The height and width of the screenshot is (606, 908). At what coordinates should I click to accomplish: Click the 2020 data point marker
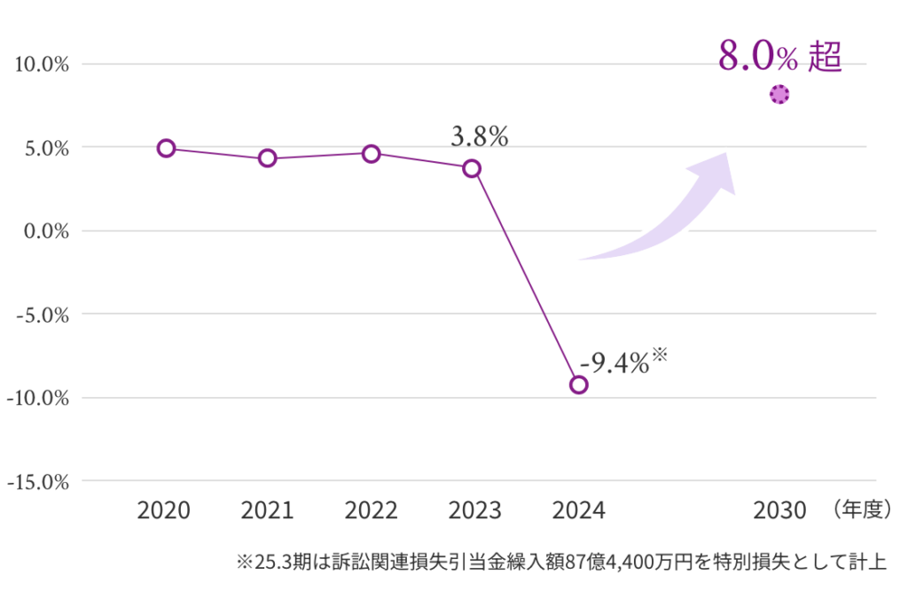(x=166, y=148)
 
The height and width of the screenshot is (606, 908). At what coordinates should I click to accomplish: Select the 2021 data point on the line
(x=268, y=159)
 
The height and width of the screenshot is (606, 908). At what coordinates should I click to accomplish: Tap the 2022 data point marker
(x=372, y=153)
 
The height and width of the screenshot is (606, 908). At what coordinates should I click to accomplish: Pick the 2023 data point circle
(x=472, y=168)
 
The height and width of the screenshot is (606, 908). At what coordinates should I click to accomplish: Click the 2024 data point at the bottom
(x=578, y=385)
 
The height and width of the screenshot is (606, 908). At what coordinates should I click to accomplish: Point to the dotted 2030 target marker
(x=779, y=95)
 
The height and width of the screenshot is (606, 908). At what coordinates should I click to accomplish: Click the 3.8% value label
(x=479, y=137)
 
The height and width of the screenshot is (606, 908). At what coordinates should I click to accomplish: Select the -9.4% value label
(x=614, y=362)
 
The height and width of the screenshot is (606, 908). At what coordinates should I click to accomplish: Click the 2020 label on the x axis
(x=164, y=511)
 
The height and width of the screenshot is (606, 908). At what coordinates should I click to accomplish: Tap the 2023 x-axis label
(x=475, y=511)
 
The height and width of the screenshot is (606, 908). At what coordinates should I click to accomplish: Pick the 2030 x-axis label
(x=779, y=511)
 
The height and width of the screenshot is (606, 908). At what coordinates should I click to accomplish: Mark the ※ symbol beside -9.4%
(x=659, y=355)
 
